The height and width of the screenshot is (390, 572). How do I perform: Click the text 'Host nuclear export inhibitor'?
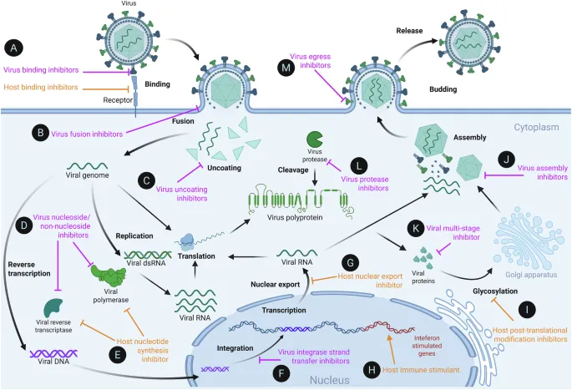(367, 281)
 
